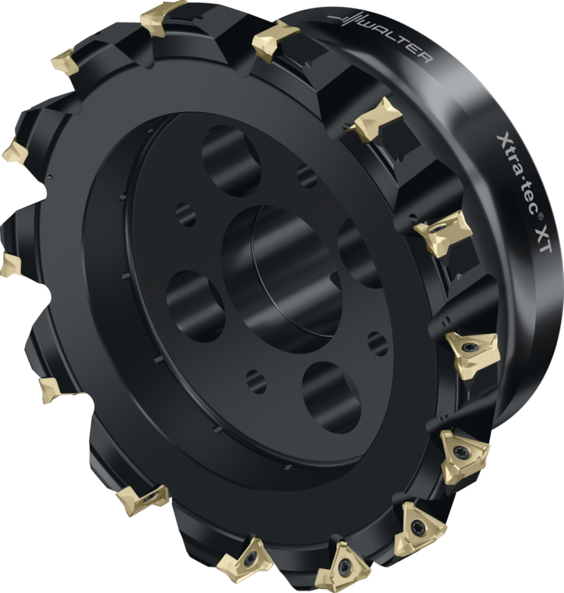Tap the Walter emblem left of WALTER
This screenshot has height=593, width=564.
[x=351, y=20]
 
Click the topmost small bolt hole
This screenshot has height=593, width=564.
[x=307, y=176]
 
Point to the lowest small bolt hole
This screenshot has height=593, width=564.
[x=256, y=382]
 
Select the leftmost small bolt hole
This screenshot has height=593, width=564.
[x=186, y=215]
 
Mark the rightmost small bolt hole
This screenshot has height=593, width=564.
[x=378, y=343]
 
